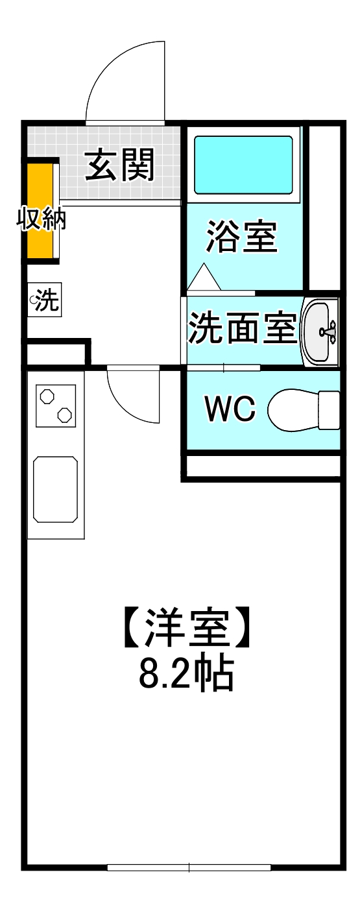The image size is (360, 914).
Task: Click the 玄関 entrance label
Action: click(121, 165)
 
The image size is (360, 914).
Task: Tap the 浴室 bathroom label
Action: click(241, 237)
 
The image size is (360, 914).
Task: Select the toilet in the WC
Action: click(302, 410)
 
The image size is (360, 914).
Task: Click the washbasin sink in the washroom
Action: click(319, 331)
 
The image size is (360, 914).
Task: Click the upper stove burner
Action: click(47, 396)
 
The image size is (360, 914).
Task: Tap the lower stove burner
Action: click(64, 414)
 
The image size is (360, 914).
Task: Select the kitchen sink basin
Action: click(56, 489)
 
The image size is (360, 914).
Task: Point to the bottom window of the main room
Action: click(189, 867)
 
